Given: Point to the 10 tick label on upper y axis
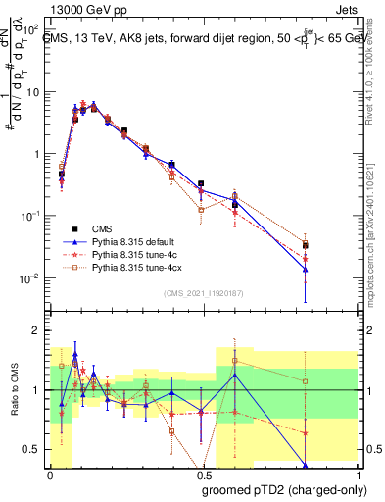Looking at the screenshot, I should click(32, 92).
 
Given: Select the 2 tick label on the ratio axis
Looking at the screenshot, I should click(39, 331).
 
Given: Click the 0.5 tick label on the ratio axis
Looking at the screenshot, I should click(34, 449).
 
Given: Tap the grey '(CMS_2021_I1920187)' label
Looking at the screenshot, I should click(202, 292).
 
